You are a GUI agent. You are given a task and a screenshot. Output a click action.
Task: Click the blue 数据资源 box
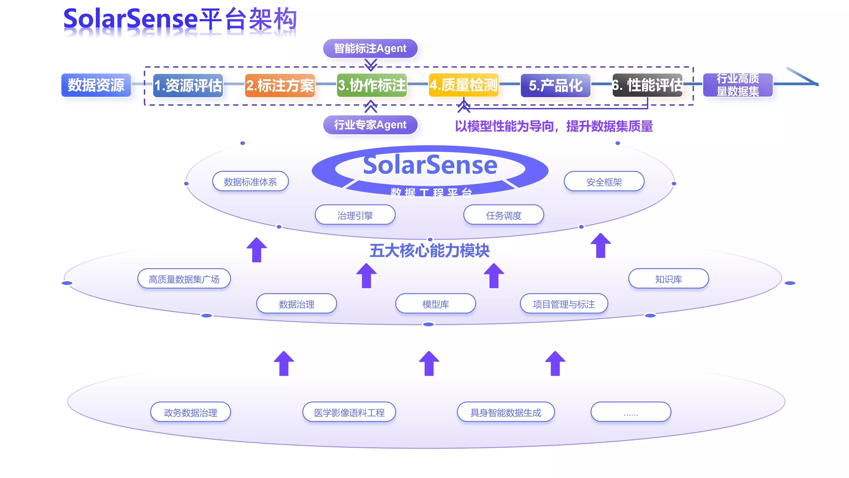(96, 85)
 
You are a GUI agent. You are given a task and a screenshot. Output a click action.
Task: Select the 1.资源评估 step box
(188, 85)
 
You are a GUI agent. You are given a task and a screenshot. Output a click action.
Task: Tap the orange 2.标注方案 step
(280, 85)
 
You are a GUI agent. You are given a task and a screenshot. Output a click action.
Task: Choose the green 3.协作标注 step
(372, 85)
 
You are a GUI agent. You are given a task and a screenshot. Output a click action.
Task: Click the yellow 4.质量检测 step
(463, 85)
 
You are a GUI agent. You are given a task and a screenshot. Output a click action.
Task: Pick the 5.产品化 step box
(555, 85)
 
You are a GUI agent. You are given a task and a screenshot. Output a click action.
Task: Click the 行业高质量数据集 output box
(738, 85)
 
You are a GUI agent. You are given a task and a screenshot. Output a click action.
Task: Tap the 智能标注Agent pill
(370, 48)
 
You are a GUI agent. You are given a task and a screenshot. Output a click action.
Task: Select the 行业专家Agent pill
(370, 125)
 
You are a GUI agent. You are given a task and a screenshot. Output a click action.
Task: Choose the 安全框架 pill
(604, 181)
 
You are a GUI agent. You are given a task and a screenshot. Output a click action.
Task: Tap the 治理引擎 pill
(355, 215)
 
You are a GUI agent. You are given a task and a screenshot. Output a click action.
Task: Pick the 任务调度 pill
(503, 215)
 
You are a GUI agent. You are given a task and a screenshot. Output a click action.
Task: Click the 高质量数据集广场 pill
(184, 279)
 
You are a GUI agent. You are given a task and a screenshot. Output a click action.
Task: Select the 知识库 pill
(668, 279)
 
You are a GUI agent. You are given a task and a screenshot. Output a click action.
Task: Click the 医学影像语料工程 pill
(349, 412)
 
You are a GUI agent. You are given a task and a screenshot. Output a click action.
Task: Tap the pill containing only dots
(631, 412)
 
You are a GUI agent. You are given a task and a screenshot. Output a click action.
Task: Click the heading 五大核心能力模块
(429, 251)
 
